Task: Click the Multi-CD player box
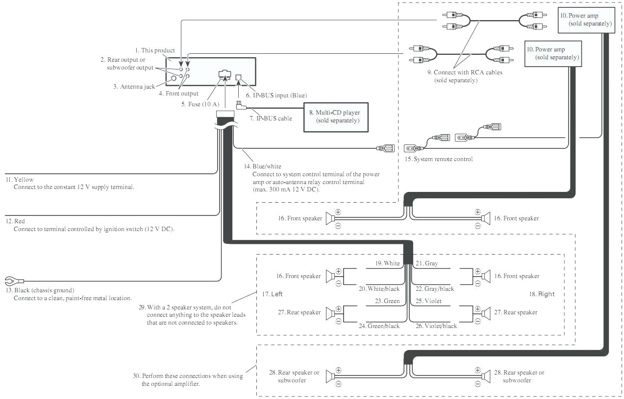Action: tap(335, 117)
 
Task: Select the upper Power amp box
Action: tap(586, 20)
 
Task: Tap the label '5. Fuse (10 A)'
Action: tap(198, 104)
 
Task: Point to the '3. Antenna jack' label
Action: tap(134, 87)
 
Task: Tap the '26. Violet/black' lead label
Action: tap(436, 326)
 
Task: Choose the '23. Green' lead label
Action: tap(387, 301)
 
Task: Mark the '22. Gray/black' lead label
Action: tap(434, 289)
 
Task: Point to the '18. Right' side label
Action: tap(542, 294)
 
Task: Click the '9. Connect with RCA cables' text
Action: tap(464, 72)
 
